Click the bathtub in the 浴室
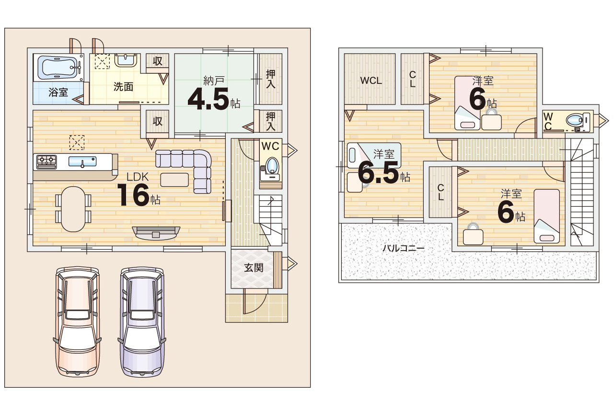coord(58,68)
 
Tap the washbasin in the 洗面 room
coord(126,60)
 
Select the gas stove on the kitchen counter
coord(46,162)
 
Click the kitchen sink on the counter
coord(82,162)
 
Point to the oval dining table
coord(73,209)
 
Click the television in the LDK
coord(156,233)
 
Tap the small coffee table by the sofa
coord(174,180)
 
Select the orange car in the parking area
coord(77,322)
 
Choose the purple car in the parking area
coord(142,322)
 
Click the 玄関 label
coord(254,268)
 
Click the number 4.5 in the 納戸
coord(208,99)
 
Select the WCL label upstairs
coord(371,81)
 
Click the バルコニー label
coord(404,248)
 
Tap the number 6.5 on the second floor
coord(378,173)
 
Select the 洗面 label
coord(123,87)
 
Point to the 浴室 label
coord(58,92)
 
